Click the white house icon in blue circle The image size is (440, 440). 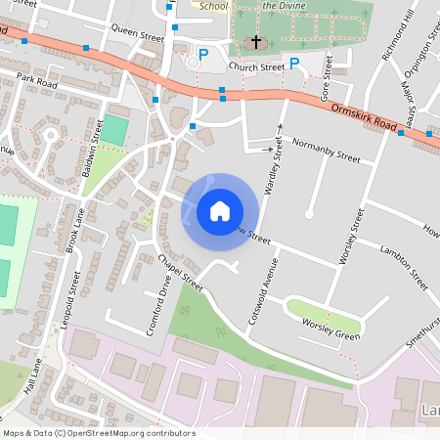220,210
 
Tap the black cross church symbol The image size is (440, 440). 257,42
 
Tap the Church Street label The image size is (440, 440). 256,67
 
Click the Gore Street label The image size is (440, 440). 328,77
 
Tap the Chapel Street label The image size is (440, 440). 179,273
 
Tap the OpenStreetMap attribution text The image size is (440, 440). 99,433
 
